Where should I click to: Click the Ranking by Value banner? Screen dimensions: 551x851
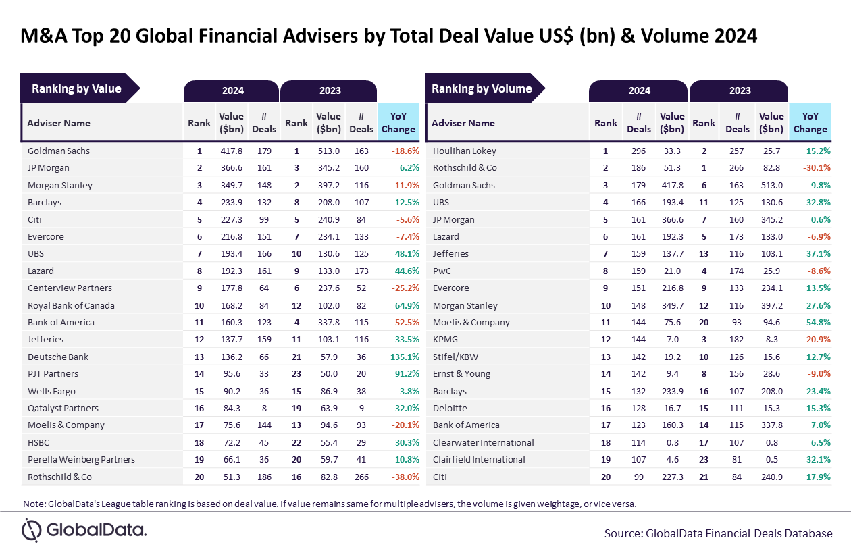pyautogui.click(x=76, y=88)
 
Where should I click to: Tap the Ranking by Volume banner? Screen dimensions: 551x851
pyautogui.click(x=482, y=88)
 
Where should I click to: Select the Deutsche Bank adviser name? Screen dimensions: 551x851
pyautogui.click(x=58, y=357)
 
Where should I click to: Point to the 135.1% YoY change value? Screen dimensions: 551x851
pyautogui.click(x=404, y=357)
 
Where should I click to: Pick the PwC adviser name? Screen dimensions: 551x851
pyautogui.click(x=442, y=271)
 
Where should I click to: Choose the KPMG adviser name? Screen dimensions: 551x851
pyautogui.click(x=445, y=340)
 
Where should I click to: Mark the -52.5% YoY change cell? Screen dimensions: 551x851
pyautogui.click(x=403, y=322)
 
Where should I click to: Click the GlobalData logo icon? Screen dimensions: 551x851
pyautogui.click(x=32, y=529)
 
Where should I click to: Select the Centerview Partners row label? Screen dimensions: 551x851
pyautogui.click(x=70, y=288)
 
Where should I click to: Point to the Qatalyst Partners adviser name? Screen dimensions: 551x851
pyautogui.click(x=63, y=408)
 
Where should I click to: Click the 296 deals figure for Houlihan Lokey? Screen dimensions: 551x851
pyautogui.click(x=638, y=151)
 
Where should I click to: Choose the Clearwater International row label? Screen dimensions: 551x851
pyautogui.click(x=483, y=442)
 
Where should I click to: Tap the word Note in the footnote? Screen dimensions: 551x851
pyautogui.click(x=33, y=504)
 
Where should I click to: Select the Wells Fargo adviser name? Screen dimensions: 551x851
pyautogui.click(x=51, y=391)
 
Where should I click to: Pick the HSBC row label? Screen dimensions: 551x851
pyautogui.click(x=38, y=442)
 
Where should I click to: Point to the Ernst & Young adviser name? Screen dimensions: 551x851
pyautogui.click(x=461, y=373)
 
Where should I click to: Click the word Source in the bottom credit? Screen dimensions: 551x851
pyautogui.click(x=623, y=533)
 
